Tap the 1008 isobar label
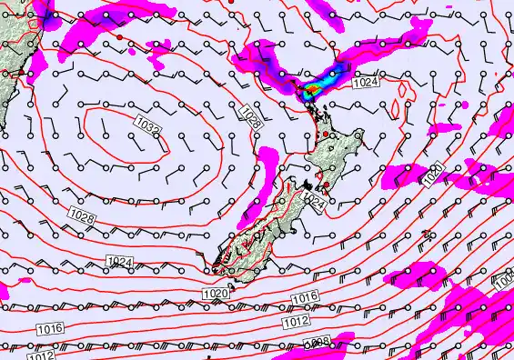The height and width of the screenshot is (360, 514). [x=317, y=342]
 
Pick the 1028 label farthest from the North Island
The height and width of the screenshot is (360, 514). [x=82, y=216]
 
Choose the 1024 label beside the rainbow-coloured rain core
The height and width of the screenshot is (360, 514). [x=363, y=82]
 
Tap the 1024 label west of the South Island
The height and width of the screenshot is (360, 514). [x=120, y=262]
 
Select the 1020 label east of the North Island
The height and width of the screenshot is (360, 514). [x=434, y=171]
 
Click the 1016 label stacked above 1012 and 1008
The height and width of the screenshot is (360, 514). [x=305, y=299]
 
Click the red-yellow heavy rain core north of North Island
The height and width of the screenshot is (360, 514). [x=311, y=89]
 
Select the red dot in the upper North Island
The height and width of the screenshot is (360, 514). [x=324, y=135]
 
